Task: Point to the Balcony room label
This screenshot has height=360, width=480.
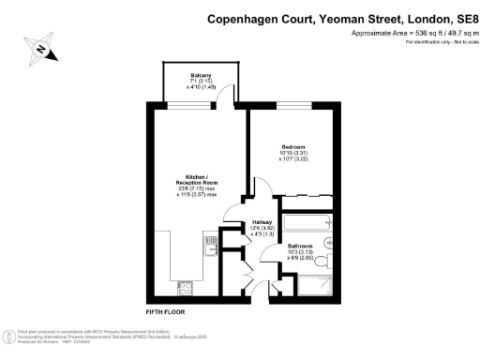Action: tap(201, 75)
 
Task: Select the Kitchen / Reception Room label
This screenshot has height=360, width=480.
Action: tap(196, 180)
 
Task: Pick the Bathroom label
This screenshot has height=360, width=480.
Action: tap(301, 246)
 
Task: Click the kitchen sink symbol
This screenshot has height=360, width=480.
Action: tap(210, 246)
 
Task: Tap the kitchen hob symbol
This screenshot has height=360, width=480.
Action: tap(185, 288)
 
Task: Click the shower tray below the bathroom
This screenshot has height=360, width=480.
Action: tap(305, 289)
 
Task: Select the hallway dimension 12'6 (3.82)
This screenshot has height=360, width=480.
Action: tap(262, 227)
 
